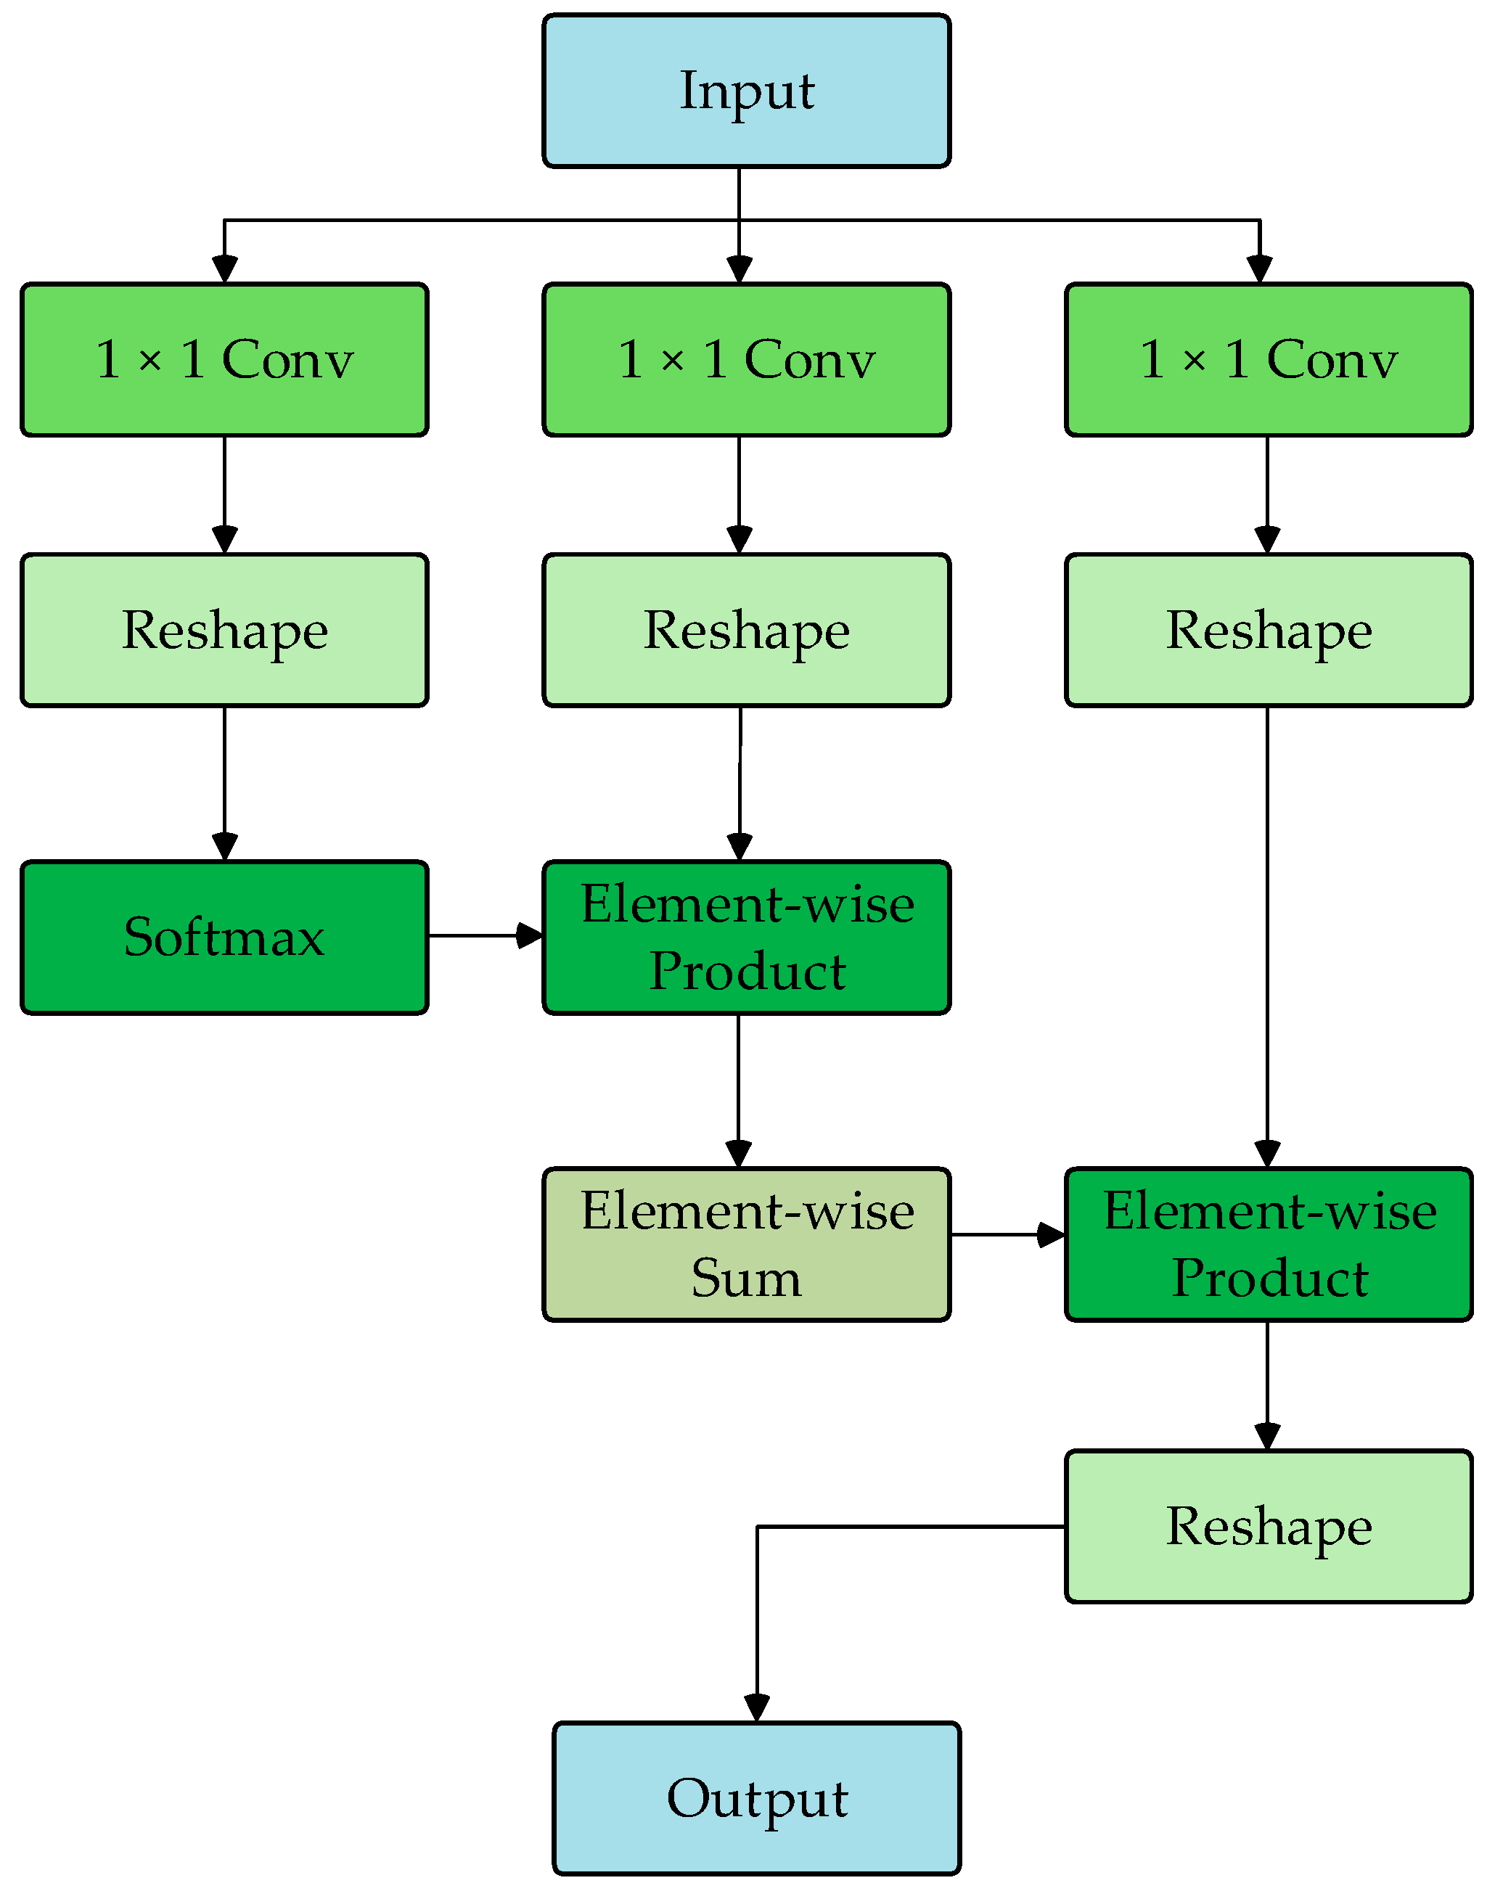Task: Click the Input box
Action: (x=746, y=91)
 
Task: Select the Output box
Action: (x=756, y=1798)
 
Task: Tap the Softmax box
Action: (x=224, y=938)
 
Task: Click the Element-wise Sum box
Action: (x=746, y=1244)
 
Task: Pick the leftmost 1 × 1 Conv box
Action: (x=224, y=360)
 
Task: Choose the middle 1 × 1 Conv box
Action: (x=746, y=360)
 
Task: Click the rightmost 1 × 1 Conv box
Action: (x=1269, y=360)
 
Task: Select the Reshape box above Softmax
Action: (x=224, y=630)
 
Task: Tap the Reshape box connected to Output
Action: (x=1269, y=1527)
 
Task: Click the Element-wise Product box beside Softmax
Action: (x=746, y=938)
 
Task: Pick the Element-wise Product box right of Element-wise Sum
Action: (x=1269, y=1244)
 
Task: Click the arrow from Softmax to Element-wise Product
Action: (x=485, y=935)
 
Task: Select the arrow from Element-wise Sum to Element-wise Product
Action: (x=1007, y=1235)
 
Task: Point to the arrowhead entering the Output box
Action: (x=756, y=1707)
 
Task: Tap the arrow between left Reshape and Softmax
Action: (x=224, y=783)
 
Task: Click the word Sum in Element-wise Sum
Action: (x=746, y=1279)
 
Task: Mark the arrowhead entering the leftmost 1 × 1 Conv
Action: (x=224, y=268)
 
